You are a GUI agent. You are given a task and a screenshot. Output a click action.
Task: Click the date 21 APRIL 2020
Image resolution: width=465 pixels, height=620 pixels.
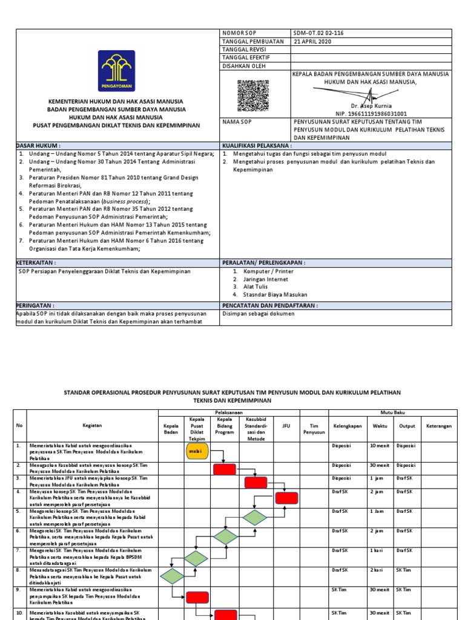[x=314, y=41]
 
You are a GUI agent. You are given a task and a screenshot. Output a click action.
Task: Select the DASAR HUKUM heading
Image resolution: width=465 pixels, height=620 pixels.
[x=38, y=146]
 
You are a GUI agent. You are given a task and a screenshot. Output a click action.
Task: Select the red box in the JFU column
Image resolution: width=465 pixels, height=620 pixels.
[x=286, y=497]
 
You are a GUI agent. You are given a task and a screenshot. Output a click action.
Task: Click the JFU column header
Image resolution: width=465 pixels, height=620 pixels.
[x=286, y=426]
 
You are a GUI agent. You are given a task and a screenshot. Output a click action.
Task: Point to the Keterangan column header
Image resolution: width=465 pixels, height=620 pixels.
[x=438, y=426]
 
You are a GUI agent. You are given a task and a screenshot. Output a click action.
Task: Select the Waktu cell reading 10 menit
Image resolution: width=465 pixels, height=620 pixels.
[x=379, y=446]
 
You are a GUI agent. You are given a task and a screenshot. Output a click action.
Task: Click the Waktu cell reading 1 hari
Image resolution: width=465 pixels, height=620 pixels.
[x=377, y=550]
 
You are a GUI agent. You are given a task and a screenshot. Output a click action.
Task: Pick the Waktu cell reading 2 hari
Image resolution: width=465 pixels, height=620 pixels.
[x=377, y=570]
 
